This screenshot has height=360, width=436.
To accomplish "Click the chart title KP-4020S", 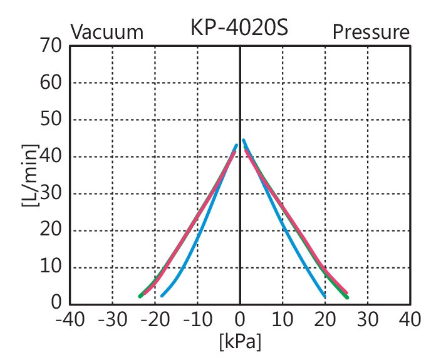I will (x=239, y=28).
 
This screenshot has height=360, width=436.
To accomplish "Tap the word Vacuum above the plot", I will (x=106, y=32).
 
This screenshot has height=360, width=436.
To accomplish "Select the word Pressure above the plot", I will (x=371, y=31).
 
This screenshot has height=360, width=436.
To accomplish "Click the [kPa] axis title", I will (x=240, y=342).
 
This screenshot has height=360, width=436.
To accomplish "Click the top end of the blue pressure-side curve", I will (x=243, y=140).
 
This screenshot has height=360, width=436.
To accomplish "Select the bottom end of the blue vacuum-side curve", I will (x=162, y=296).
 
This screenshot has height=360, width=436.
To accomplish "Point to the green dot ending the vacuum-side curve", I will (x=140, y=296).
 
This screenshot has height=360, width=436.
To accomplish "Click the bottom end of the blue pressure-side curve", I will (x=324, y=296).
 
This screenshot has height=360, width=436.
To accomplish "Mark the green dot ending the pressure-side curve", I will (x=346, y=296).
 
